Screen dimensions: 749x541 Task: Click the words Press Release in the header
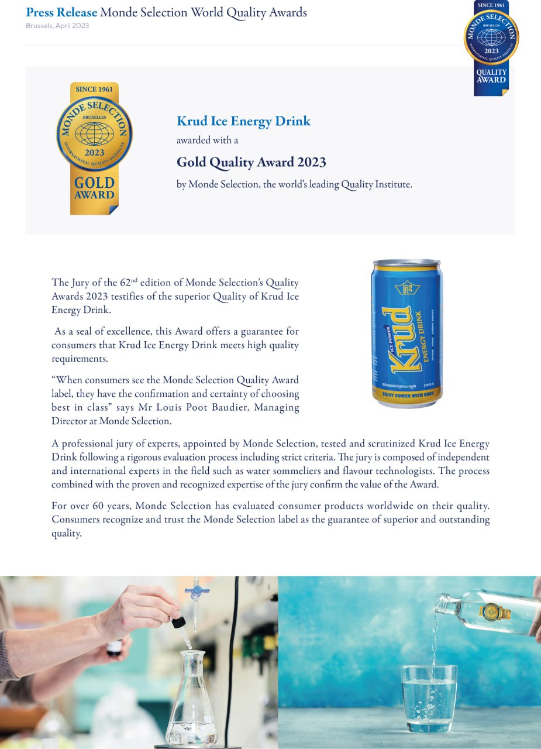[61, 12]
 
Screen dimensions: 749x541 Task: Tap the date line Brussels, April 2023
[57, 26]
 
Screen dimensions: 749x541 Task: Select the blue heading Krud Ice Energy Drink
[243, 121]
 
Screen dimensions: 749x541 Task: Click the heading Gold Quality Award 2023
[251, 162]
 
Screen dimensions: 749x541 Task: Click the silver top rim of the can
[406, 263]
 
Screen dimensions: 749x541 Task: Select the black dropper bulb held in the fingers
[178, 621]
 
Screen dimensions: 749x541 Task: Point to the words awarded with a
[207, 140]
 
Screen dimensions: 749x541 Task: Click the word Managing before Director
[277, 407]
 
